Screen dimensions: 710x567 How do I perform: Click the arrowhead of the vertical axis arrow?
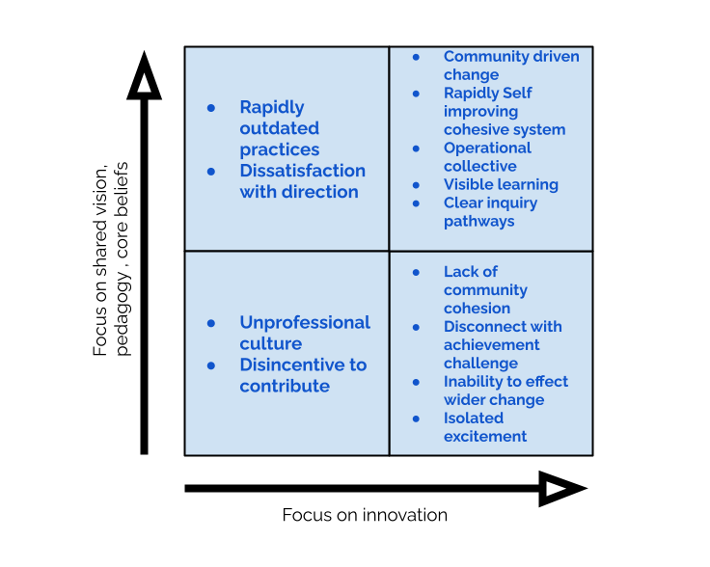[144, 76]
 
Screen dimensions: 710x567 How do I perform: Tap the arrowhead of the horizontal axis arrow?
[562, 489]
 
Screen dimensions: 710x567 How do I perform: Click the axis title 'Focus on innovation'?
[365, 515]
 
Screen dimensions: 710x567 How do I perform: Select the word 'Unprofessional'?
[305, 323]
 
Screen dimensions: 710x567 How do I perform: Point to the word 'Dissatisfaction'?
[303, 171]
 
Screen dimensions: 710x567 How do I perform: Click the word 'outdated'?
[280, 128]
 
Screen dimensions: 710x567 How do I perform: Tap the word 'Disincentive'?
[289, 364]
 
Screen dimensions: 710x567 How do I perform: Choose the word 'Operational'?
[487, 148]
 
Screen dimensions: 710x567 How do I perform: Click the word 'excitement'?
[485, 436]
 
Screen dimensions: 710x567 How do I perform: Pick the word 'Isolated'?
[474, 418]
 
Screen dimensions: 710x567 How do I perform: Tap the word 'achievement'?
[491, 345]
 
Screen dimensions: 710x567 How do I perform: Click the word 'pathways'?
[479, 221]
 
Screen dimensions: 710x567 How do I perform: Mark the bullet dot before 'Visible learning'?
[416, 185]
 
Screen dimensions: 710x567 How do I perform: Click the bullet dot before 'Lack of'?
[416, 273]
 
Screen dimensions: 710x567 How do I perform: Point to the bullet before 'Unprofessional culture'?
[211, 323]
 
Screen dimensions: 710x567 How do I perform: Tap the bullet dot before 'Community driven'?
[416, 57]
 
